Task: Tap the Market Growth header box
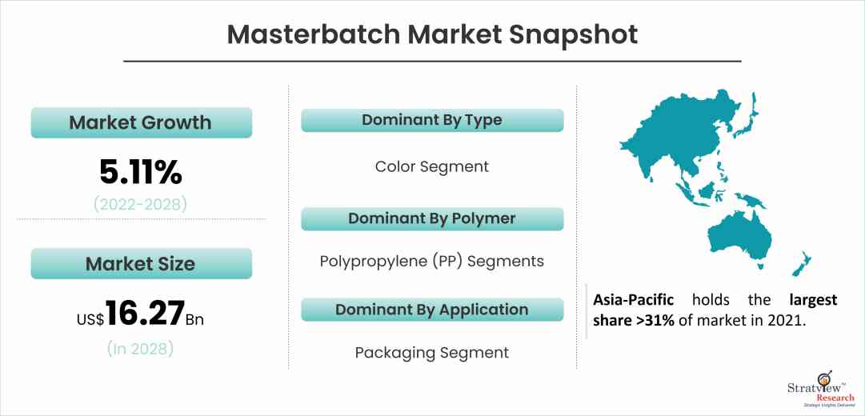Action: (x=141, y=123)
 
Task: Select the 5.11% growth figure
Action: (x=141, y=172)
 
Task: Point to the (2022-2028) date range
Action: (x=141, y=204)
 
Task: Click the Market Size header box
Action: (x=141, y=263)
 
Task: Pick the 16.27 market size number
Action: (x=145, y=314)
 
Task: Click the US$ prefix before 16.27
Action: (x=90, y=318)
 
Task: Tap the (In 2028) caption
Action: (x=141, y=348)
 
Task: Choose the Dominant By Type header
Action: (x=432, y=121)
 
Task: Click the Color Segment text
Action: (x=432, y=166)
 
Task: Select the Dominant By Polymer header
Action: (x=432, y=218)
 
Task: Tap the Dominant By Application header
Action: (x=432, y=310)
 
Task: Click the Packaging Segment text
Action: (x=432, y=352)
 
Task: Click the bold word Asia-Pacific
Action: (x=634, y=300)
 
